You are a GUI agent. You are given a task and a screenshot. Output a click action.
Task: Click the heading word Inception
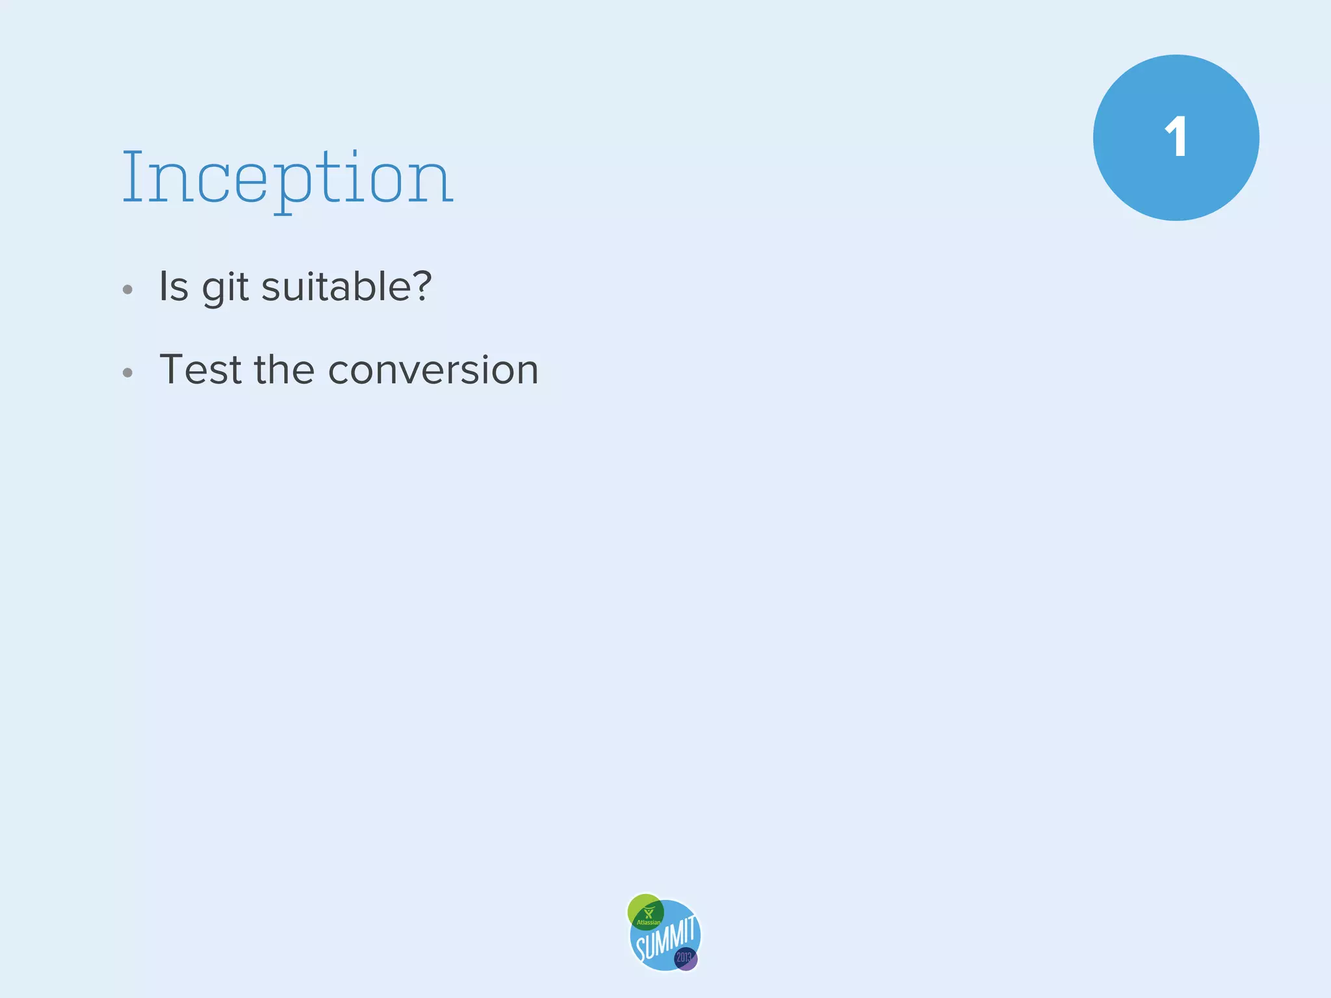[287, 177]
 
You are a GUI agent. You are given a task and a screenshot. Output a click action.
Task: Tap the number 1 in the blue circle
[1176, 138]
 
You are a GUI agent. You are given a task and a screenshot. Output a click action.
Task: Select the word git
[225, 288]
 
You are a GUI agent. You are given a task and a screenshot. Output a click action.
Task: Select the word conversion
[433, 370]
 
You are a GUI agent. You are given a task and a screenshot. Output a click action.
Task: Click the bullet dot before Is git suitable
[127, 290]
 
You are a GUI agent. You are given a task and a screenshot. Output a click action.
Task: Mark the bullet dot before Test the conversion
[127, 373]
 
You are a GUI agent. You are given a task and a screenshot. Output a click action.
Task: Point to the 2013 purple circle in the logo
[685, 958]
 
